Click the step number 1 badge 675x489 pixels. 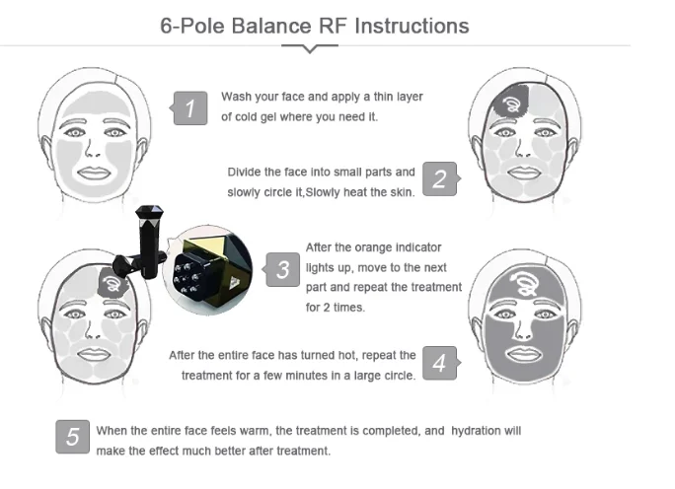pyautogui.click(x=189, y=107)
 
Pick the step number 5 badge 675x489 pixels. pyautogui.click(x=73, y=437)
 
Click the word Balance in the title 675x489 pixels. pyautogui.click(x=271, y=26)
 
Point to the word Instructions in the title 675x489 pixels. pyautogui.click(x=412, y=26)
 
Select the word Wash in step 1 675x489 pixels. pyautogui.click(x=236, y=97)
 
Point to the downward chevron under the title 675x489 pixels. pyautogui.click(x=310, y=48)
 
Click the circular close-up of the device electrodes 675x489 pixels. pyautogui.click(x=208, y=270)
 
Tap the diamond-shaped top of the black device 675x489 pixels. pyautogui.click(x=149, y=212)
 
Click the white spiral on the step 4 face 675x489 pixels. pyautogui.click(x=525, y=282)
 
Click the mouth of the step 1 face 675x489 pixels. pyautogui.click(x=94, y=173)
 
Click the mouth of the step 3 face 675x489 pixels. pyautogui.click(x=94, y=354)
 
